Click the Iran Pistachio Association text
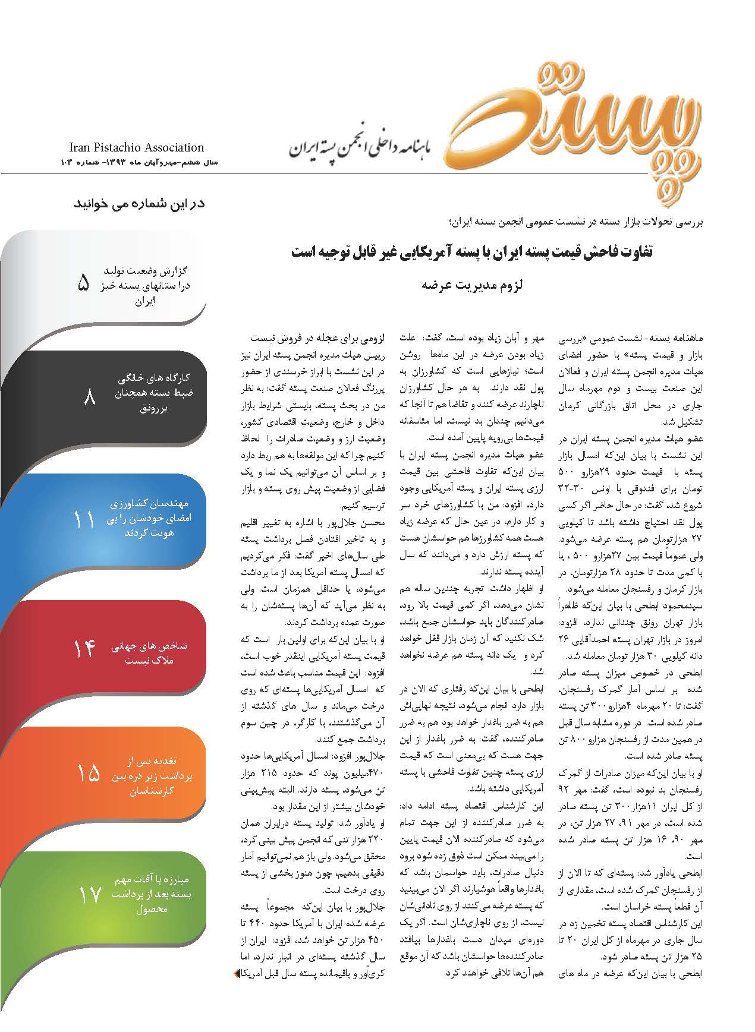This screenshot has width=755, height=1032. click(x=136, y=147)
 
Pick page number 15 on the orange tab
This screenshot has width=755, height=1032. click(x=88, y=773)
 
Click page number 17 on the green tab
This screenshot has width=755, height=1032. click(x=90, y=895)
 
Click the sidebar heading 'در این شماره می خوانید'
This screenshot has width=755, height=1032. click(x=139, y=203)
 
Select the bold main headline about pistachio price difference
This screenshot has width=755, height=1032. click(x=472, y=251)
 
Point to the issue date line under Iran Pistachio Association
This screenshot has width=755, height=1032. click(x=132, y=162)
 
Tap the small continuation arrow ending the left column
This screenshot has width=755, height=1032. click(x=237, y=974)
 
